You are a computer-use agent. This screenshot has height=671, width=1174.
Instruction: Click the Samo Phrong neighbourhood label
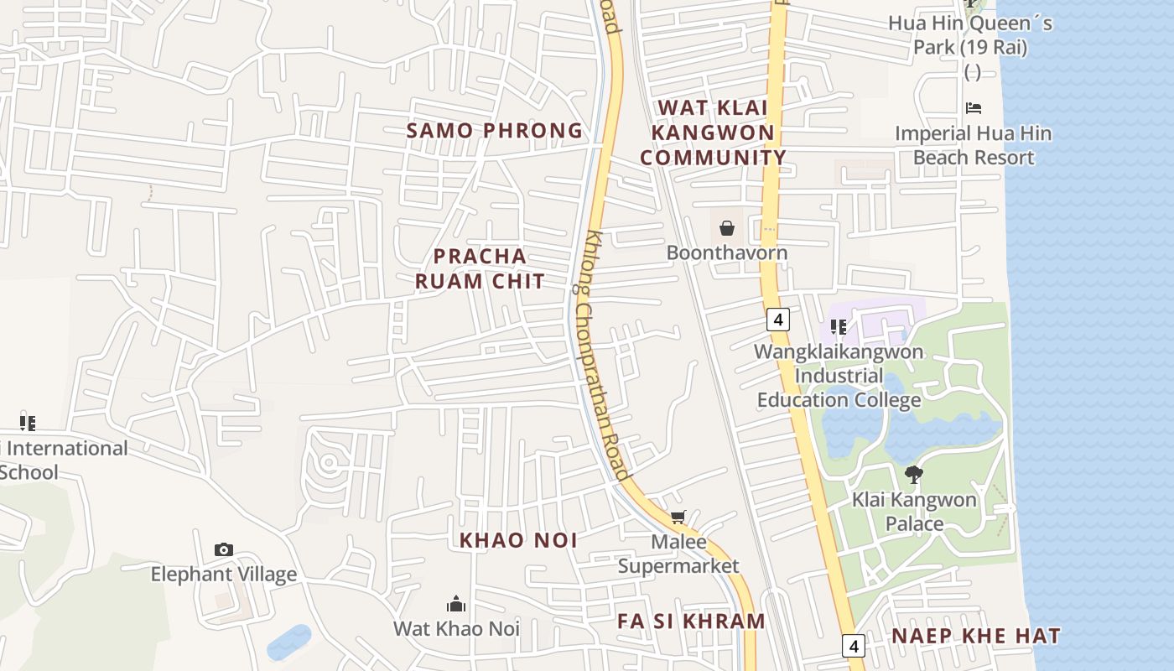(x=494, y=131)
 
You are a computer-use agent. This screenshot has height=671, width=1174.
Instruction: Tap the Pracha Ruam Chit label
(x=480, y=268)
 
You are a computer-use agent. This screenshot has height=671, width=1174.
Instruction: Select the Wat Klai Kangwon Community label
(x=714, y=133)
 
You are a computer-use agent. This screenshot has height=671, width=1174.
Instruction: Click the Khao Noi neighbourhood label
(x=518, y=541)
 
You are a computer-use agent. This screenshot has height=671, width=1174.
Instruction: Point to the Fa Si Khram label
(x=691, y=622)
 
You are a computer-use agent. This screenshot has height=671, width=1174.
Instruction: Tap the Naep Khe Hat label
(x=975, y=636)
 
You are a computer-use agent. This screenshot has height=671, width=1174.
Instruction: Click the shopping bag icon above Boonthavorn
(x=726, y=227)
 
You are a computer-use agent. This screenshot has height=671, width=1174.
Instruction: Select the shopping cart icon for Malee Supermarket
(x=678, y=518)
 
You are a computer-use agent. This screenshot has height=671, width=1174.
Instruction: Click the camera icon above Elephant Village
(x=223, y=549)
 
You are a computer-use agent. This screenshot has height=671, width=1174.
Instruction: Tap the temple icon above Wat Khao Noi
(x=456, y=603)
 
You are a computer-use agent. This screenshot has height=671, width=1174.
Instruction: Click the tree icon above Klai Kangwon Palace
(x=913, y=475)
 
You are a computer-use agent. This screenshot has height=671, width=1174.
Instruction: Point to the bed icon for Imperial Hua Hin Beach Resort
(x=973, y=107)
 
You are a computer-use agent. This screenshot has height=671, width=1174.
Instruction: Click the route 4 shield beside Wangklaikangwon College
(x=778, y=320)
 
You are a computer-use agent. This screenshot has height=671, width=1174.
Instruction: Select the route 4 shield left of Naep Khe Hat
(x=854, y=646)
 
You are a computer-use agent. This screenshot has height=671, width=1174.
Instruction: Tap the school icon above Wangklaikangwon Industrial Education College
(x=837, y=326)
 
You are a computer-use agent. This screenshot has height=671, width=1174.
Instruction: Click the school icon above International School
(x=28, y=423)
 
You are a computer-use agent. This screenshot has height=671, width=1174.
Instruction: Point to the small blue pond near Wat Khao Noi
(x=288, y=642)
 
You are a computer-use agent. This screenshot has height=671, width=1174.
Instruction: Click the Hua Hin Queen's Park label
(x=970, y=35)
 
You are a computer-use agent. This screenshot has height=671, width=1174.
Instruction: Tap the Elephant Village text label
(x=223, y=575)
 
